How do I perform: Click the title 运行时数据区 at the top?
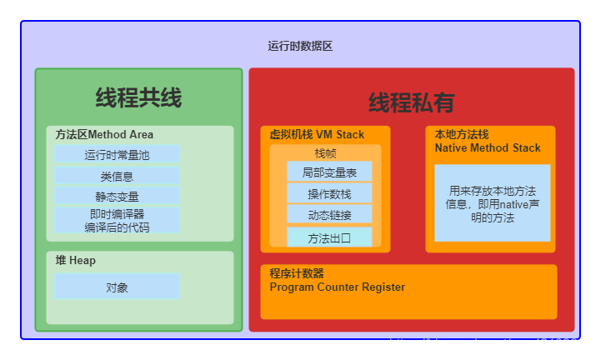coord(300,47)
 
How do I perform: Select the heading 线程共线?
coord(138,97)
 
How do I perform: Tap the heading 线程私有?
coord(412,102)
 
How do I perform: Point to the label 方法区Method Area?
coord(104,134)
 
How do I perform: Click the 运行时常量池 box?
coord(117,154)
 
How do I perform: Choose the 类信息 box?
coord(117,176)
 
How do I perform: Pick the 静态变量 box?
coord(117,197)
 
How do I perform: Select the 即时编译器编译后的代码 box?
coord(117,220)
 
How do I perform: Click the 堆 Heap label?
coord(75,260)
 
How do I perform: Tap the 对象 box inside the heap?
coord(117,287)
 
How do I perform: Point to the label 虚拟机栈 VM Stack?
coord(316,134)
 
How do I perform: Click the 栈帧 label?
coord(325,153)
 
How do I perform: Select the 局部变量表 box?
coord(329,172)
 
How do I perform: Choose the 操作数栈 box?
coord(329,194)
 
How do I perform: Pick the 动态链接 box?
coord(329,215)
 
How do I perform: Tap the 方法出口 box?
coord(329,237)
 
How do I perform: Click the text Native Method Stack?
coord(487,147)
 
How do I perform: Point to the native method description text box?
coord(492,202)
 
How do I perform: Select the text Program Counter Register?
coord(337,287)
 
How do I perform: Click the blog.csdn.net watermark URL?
coord(491,343)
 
